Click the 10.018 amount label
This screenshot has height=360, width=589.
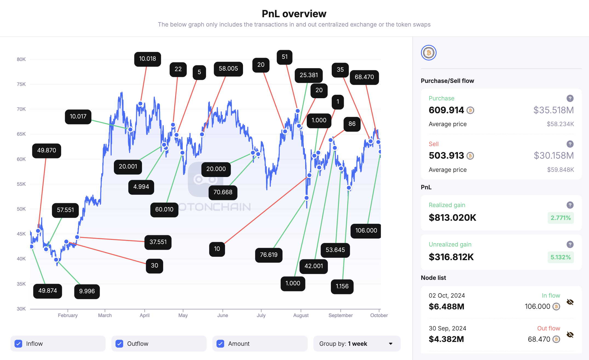148,59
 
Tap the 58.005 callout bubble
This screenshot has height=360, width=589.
228,69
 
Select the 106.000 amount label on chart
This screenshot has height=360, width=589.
366,231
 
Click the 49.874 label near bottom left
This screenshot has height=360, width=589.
48,291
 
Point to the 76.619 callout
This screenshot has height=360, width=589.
268,255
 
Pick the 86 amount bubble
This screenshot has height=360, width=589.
352,124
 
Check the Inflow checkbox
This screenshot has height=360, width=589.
19,344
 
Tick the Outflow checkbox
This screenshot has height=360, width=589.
120,344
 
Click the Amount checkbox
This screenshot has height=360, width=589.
221,344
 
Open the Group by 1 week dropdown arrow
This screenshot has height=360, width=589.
391,344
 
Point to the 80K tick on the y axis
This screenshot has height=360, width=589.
21,59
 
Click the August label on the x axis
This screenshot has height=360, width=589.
301,315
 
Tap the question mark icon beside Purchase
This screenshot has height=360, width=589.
570,98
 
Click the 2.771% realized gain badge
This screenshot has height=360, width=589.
561,218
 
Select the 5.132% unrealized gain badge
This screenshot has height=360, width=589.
561,257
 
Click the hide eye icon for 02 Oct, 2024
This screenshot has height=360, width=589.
570,302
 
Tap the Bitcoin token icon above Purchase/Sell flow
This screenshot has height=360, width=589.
429,53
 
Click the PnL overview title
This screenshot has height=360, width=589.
294,14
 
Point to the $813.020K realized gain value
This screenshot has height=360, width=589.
452,218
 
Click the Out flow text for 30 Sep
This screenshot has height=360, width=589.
548,328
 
